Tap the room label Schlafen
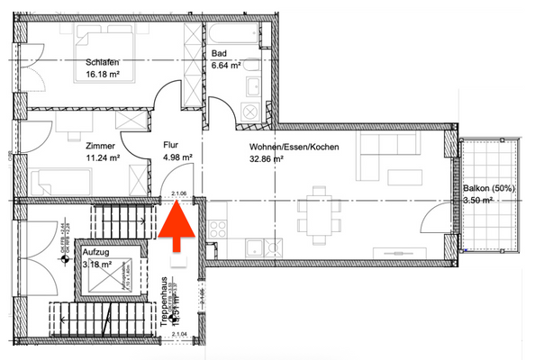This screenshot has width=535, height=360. (x=104, y=62)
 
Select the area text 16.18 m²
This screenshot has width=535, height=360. (x=103, y=76)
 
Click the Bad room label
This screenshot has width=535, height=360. (x=219, y=53)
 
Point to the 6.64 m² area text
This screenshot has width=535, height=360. (x=225, y=66)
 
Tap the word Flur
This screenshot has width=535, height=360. (x=171, y=143)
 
